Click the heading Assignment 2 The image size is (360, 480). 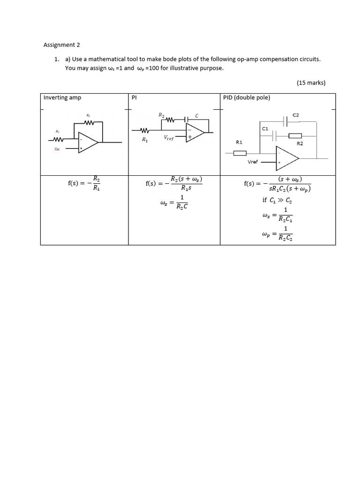pyautogui.click(x=61, y=45)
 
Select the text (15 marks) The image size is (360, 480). pyautogui.click(x=311, y=83)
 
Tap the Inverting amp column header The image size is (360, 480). pyautogui.click(x=62, y=97)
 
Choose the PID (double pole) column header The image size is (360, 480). pyautogui.click(x=247, y=97)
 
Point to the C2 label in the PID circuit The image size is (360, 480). pyautogui.click(x=295, y=114)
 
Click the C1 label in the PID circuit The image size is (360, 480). pyautogui.click(x=265, y=128)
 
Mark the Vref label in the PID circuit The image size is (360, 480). pyautogui.click(x=253, y=162)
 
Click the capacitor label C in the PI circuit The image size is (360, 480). pyautogui.click(x=197, y=115)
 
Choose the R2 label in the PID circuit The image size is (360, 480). pyautogui.click(x=300, y=143)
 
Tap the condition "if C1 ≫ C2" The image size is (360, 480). pyautogui.click(x=277, y=200)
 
